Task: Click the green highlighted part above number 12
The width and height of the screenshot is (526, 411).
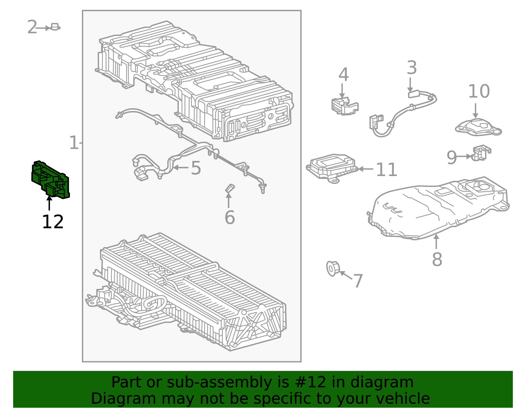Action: click(x=50, y=179)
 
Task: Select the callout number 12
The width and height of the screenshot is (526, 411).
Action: click(x=53, y=221)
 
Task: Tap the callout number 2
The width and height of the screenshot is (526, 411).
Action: click(x=32, y=27)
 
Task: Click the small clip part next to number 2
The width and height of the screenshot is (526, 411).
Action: click(x=55, y=27)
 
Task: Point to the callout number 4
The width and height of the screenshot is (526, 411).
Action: click(x=344, y=74)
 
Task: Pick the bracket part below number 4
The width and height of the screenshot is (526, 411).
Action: click(x=345, y=106)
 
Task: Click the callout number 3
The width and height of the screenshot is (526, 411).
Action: click(x=412, y=67)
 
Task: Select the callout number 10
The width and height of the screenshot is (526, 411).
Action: click(x=479, y=91)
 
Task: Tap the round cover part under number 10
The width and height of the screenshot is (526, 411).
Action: click(x=478, y=127)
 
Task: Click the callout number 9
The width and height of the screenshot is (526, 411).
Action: click(x=452, y=157)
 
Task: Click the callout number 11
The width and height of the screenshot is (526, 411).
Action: click(x=386, y=169)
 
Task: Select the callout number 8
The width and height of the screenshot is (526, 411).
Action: click(x=437, y=259)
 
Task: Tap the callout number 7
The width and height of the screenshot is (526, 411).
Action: click(x=358, y=281)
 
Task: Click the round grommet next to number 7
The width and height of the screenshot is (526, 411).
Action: click(x=333, y=269)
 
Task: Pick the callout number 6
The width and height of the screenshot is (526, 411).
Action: click(x=230, y=217)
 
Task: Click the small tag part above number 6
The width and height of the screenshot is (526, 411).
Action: click(x=230, y=189)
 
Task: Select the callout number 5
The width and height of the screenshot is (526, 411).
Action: click(x=196, y=168)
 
